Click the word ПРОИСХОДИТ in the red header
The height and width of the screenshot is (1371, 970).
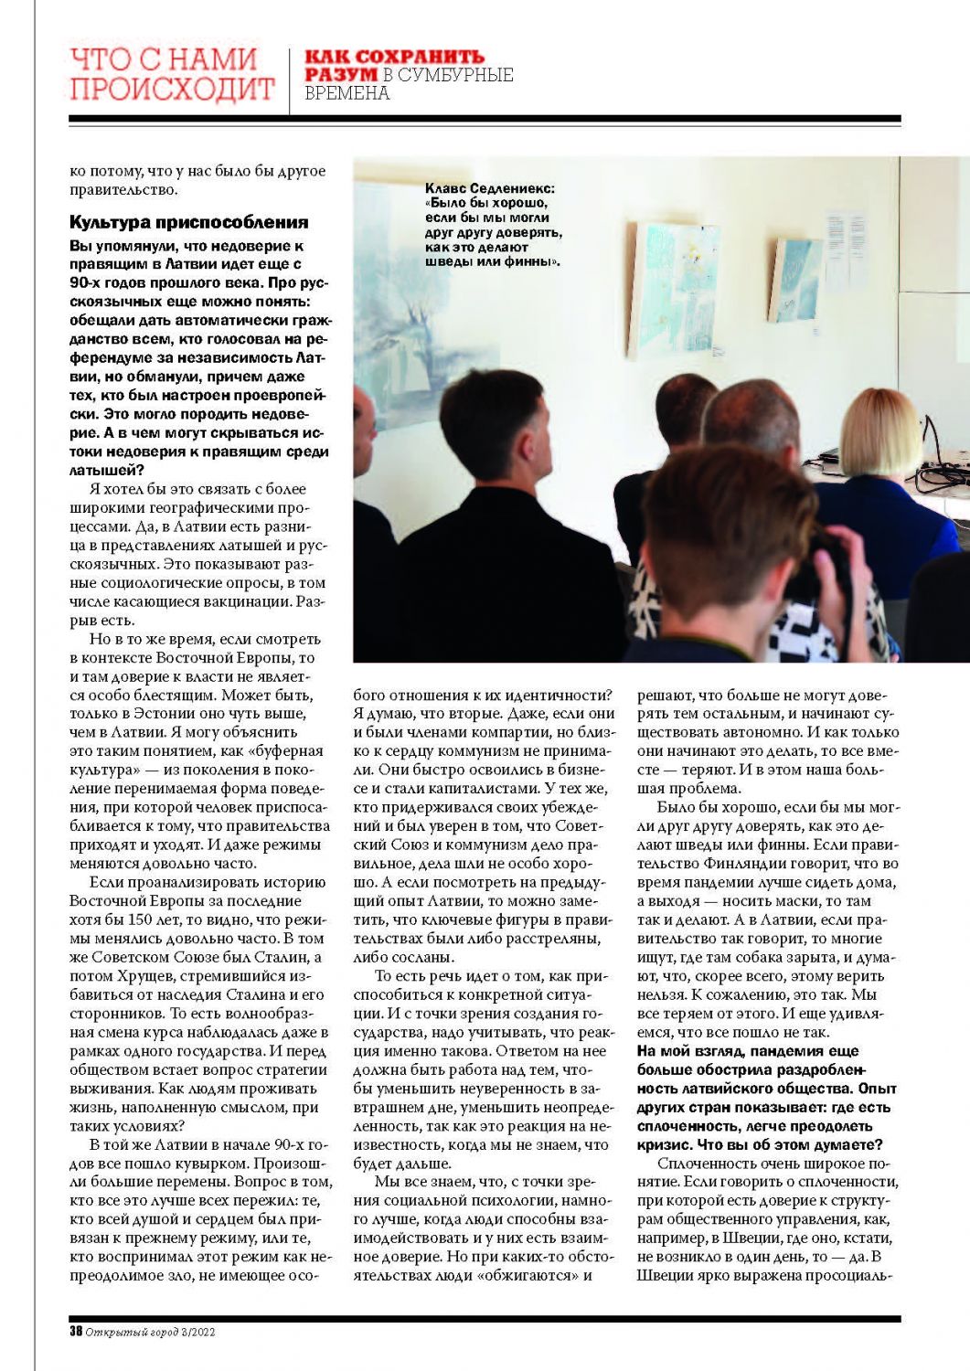(172, 89)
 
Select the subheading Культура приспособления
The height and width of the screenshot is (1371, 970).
(188, 222)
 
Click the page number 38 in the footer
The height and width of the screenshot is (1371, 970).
(76, 1332)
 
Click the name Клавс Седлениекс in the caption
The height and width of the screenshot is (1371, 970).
(490, 188)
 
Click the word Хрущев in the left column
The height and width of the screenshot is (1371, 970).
(123, 976)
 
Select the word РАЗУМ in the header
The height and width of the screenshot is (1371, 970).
(340, 75)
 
